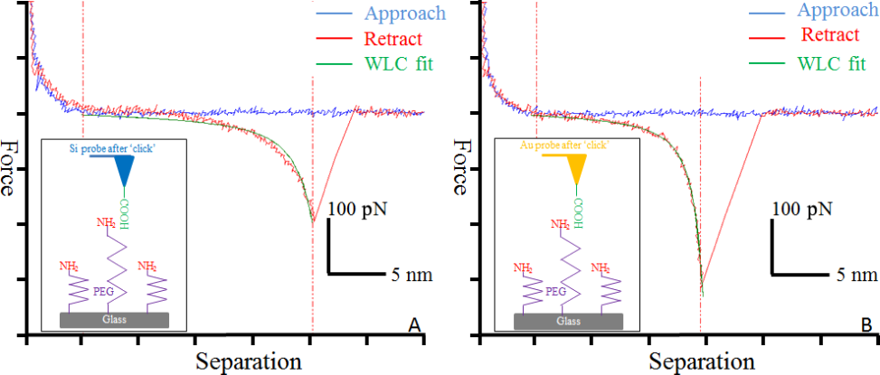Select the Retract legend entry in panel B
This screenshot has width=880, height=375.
point(828,34)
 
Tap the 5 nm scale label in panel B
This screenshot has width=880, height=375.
point(853,273)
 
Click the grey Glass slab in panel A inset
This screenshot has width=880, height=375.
point(116,320)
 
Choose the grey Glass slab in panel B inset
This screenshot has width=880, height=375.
point(568,320)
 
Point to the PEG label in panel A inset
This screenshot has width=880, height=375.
point(104,293)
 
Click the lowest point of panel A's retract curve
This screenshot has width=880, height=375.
point(313,220)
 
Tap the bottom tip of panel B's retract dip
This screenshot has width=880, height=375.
point(702,292)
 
